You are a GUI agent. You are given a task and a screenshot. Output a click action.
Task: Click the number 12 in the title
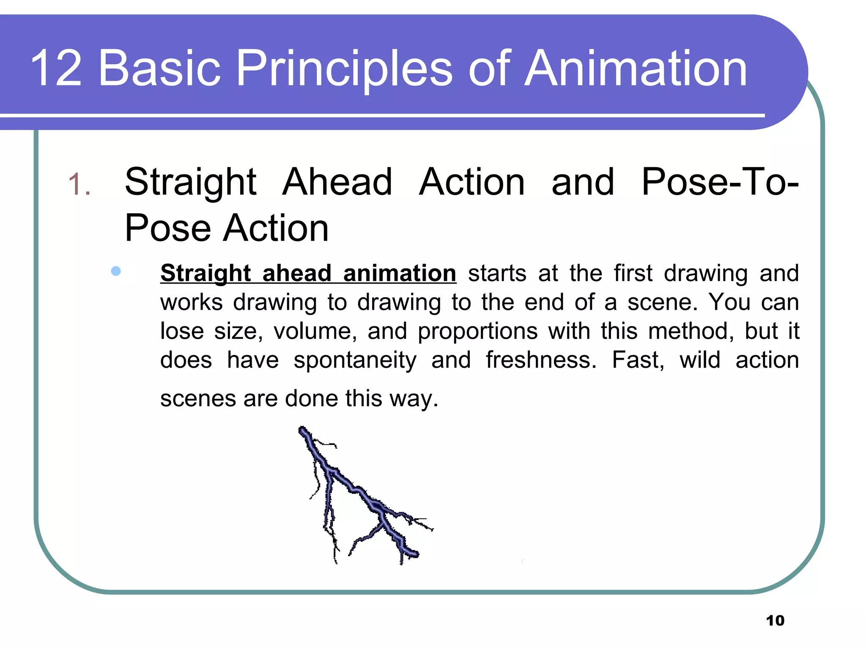(56, 69)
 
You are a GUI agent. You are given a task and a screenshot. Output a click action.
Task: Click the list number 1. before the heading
(79, 185)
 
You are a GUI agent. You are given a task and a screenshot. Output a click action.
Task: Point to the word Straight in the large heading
(190, 183)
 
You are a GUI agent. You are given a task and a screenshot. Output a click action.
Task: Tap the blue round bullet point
(116, 271)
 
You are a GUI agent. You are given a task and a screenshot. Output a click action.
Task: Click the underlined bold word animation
(400, 273)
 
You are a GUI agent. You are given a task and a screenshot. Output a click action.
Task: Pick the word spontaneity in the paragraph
(355, 361)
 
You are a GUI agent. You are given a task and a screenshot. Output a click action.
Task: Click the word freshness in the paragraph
(541, 360)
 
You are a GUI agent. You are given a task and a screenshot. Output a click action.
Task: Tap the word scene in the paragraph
(662, 303)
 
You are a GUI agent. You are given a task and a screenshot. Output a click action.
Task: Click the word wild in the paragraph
(700, 360)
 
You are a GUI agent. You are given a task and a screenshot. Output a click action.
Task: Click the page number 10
(775, 621)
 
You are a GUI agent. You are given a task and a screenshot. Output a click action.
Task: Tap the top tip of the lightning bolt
(302, 430)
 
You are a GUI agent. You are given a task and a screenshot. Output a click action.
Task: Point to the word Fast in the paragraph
(638, 360)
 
